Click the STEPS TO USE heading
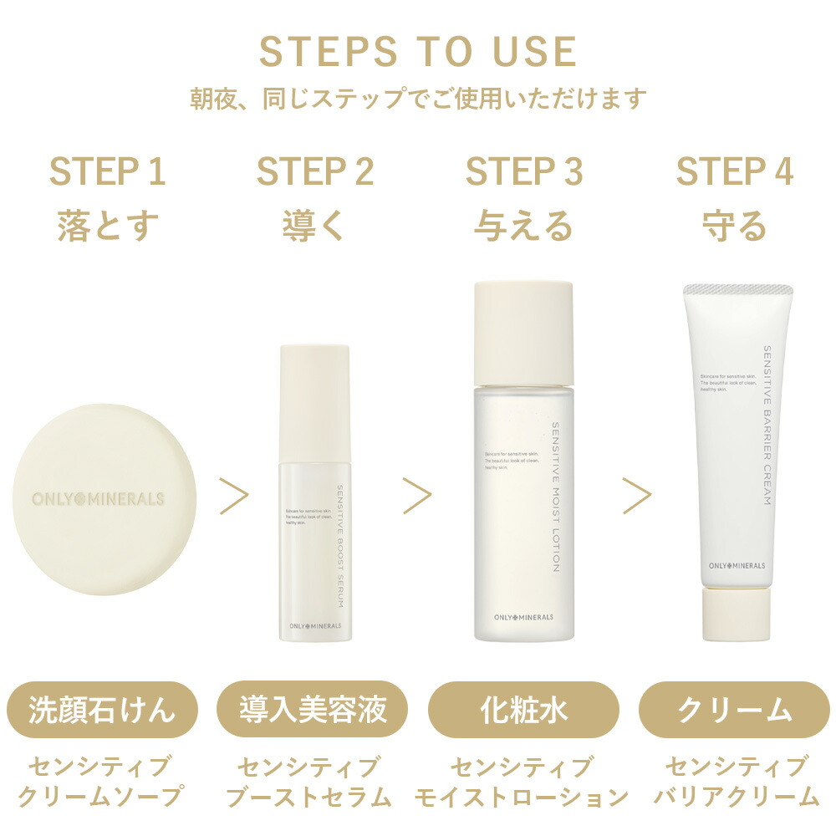click(x=418, y=52)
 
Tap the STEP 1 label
click(x=107, y=171)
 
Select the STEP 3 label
click(x=524, y=171)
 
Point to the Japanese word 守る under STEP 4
click(x=734, y=226)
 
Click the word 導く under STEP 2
click(x=314, y=226)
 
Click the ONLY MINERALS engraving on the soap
click(x=98, y=499)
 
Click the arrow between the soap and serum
click(x=234, y=497)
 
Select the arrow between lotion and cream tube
click(x=637, y=497)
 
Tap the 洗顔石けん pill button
click(x=103, y=711)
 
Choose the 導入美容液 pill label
click(x=313, y=711)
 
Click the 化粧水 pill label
click(x=523, y=711)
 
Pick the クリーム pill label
click(x=734, y=711)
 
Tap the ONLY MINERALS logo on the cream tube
click(x=725, y=565)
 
